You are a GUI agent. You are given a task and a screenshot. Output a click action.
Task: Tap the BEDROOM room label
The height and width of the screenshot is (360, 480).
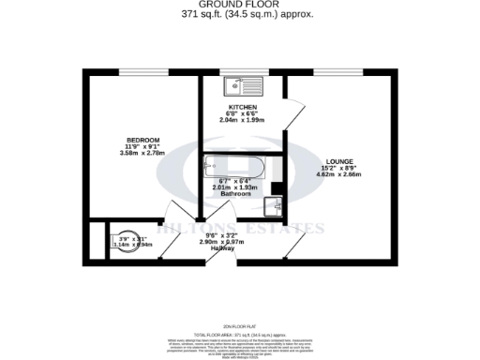point(143,140)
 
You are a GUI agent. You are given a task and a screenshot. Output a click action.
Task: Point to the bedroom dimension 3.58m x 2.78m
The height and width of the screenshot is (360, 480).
point(143,153)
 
